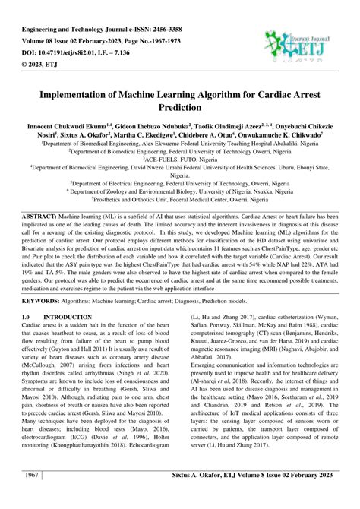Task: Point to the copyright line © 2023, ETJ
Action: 46,49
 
